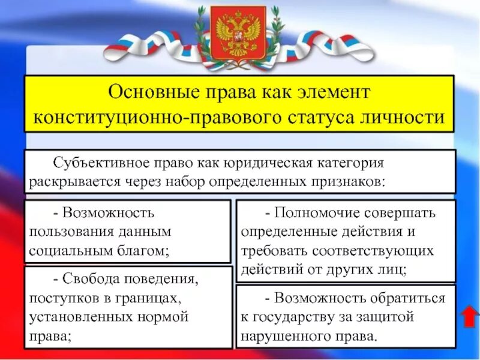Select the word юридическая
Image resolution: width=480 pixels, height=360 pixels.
(x=268, y=163)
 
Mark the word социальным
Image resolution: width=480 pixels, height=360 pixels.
(x=64, y=250)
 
